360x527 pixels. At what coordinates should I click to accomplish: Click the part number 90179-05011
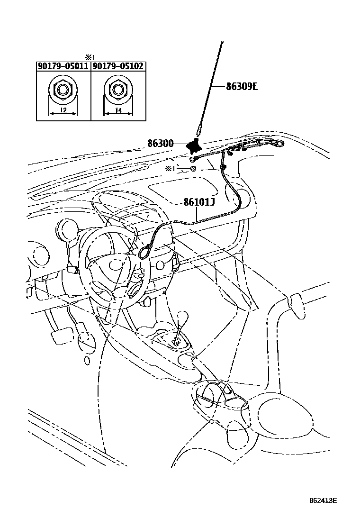pyautogui.click(x=63, y=67)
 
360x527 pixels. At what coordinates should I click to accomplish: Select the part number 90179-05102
pyautogui.click(x=118, y=67)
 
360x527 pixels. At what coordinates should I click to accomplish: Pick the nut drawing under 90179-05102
pyautogui.click(x=117, y=89)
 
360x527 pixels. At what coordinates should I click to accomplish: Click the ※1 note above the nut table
pyautogui.click(x=90, y=57)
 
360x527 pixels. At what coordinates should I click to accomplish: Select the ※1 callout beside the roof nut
pyautogui.click(x=170, y=169)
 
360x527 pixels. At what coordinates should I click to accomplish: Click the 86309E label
pyautogui.click(x=242, y=87)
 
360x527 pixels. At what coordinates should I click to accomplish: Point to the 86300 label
pyautogui.click(x=160, y=144)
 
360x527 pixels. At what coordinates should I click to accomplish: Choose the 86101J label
pyautogui.click(x=199, y=202)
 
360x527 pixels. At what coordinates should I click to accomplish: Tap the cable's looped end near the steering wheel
pyautogui.click(x=144, y=253)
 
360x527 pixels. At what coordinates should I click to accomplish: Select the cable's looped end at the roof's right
pyautogui.click(x=279, y=144)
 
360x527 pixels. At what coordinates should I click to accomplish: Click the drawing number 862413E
pyautogui.click(x=324, y=500)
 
